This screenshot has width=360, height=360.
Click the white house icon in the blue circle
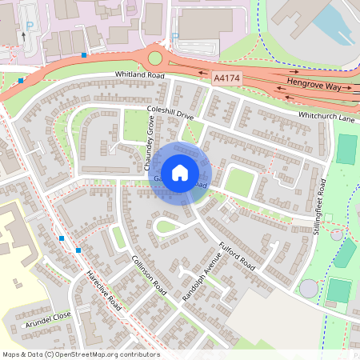tap(180, 172)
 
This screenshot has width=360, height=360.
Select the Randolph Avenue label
tap(199, 276)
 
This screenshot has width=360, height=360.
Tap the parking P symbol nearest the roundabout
tap(175, 36)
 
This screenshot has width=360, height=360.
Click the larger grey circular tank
tap(309, 287)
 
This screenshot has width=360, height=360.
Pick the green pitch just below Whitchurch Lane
tap(346, 149)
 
